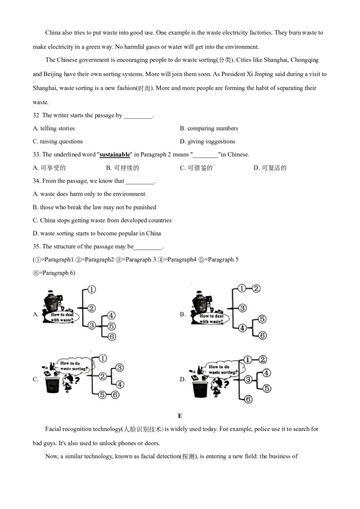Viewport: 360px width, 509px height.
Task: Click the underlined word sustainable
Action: [114, 155]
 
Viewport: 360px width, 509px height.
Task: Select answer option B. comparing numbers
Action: [209, 128]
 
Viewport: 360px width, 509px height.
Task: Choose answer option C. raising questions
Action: [58, 141]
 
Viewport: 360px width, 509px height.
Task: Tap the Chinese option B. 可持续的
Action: [122, 168]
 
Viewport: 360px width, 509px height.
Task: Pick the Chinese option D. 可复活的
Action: [270, 168]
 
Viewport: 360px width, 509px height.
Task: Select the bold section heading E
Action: [180, 416]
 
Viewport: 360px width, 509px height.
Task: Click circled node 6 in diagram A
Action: [112, 337]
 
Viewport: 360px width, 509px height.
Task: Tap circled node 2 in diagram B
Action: [256, 288]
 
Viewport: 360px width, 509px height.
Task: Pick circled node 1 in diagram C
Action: [103, 358]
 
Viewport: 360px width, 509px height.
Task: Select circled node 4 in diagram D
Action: [266, 373]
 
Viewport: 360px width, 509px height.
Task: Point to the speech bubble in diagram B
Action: [210, 318]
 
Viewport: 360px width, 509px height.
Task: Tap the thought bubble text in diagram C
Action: [73, 366]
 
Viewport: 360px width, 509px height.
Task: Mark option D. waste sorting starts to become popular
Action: [97, 233]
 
